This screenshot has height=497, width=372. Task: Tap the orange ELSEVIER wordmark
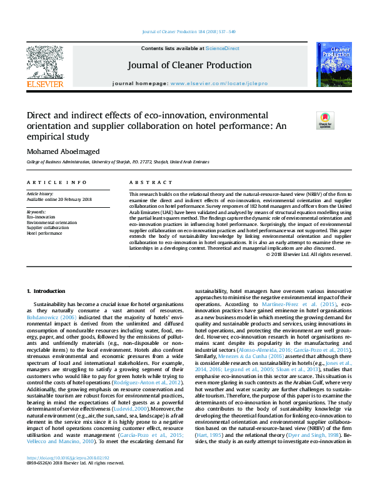pos(44,83)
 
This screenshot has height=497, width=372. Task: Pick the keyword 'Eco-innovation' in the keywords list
pos(41,217)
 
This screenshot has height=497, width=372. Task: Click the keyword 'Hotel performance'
pos(45,233)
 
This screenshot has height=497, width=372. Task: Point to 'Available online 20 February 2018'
pos(59,200)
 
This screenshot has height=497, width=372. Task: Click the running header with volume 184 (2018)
pos(186,32)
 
